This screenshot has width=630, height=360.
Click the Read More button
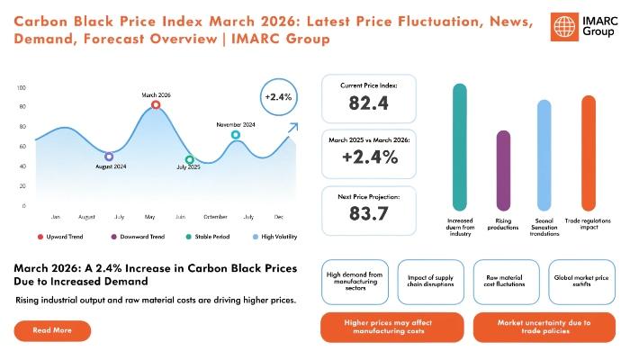pyautogui.click(x=52, y=331)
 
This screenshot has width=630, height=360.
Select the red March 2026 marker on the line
pyautogui.click(x=156, y=105)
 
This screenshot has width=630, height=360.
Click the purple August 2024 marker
pyautogui.click(x=109, y=157)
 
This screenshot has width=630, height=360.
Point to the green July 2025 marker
pyautogui.click(x=189, y=160)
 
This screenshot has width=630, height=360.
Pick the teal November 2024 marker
pyautogui.click(x=236, y=136)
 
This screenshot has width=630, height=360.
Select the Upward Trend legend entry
pyautogui.click(x=62, y=237)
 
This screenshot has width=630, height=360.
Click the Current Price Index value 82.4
pyautogui.click(x=369, y=103)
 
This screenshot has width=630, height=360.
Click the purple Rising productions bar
pyautogui.click(x=503, y=170)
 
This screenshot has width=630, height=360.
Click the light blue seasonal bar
pyautogui.click(x=544, y=155)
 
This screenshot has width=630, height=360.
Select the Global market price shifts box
pyautogui.click(x=581, y=280)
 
